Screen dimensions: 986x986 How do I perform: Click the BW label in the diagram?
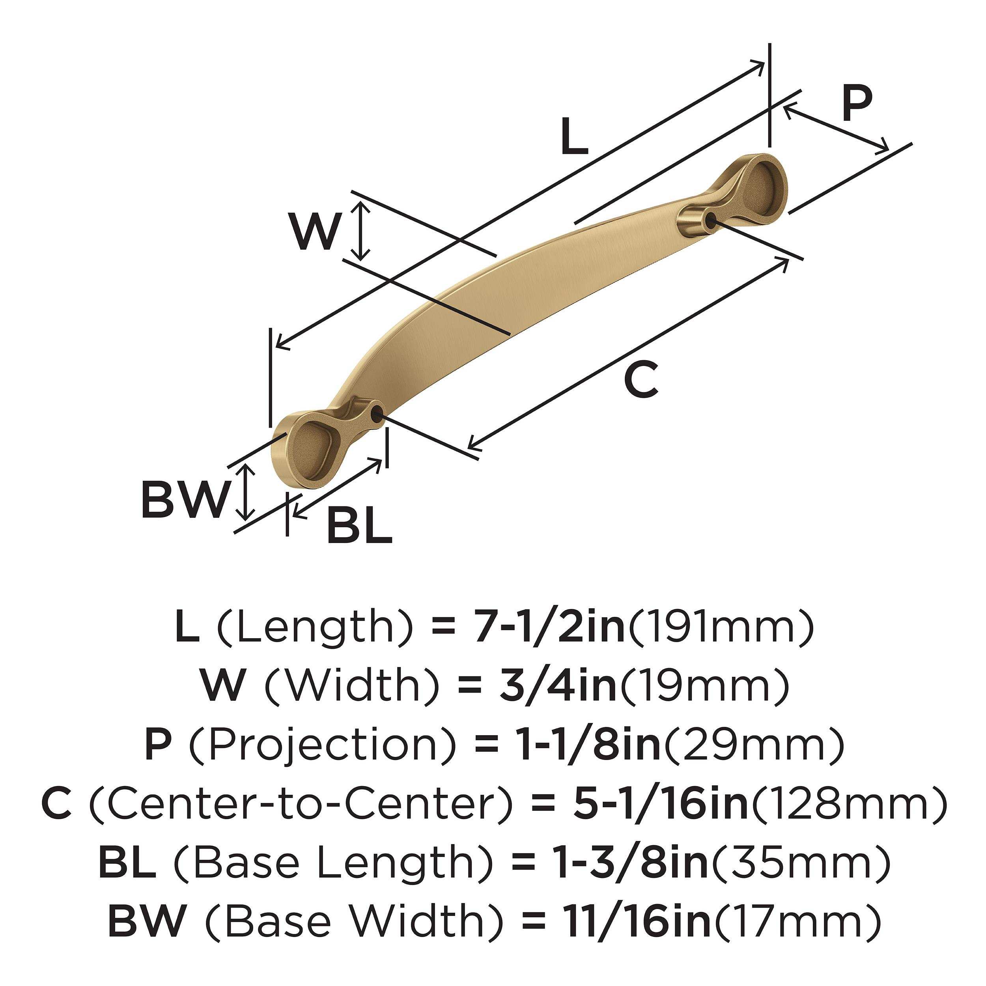pyautogui.click(x=184, y=499)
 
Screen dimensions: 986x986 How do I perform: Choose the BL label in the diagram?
pyautogui.click(x=359, y=525)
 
